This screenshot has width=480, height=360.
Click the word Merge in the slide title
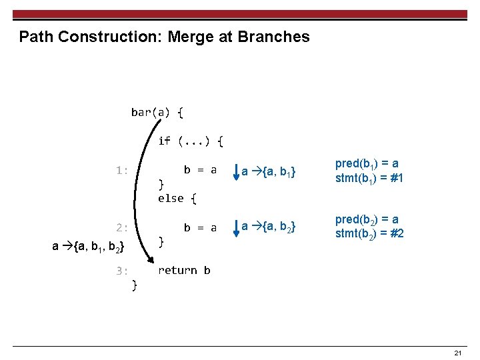[189, 37]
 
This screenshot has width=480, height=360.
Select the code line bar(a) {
[157, 112]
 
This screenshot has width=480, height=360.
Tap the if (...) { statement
[191, 141]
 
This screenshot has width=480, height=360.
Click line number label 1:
[121, 170]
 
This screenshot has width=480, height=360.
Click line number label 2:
[121, 227]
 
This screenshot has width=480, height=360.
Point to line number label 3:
[121, 270]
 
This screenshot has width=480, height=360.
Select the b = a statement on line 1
[200, 169]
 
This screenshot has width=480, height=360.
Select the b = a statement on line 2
[200, 227]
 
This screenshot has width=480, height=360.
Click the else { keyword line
[177, 198]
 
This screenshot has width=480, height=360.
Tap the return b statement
[184, 270]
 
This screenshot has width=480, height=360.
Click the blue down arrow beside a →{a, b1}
[236, 172]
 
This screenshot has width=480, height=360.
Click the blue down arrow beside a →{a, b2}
[236, 229]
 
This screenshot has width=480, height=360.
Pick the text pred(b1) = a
[367, 164]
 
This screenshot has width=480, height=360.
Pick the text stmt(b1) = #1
[369, 178]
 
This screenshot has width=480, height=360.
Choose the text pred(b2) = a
[367, 220]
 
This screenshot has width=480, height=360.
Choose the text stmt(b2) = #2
[369, 233]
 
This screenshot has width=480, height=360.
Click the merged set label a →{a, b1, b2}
[88, 247]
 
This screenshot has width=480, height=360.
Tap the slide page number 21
[457, 353]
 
